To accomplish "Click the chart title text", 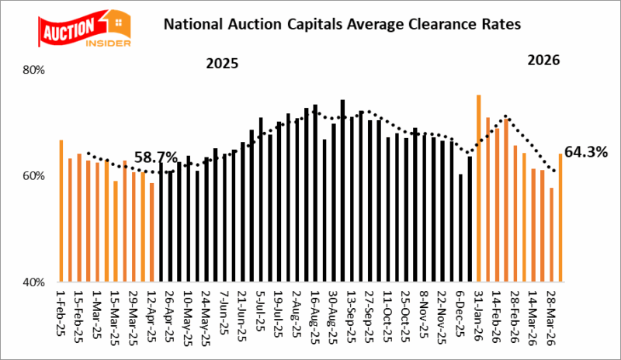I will click(x=341, y=25).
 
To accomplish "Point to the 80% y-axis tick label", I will click(x=36, y=70).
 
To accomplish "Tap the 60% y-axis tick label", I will click(x=36, y=176).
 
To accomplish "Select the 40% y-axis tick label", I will click(x=36, y=282).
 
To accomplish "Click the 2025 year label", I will click(x=221, y=63).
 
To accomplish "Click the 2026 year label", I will click(x=543, y=60).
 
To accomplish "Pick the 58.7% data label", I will click(x=156, y=158).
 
